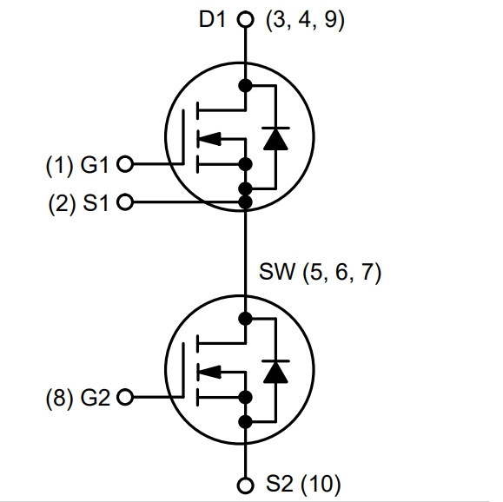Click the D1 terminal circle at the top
(x=245, y=19)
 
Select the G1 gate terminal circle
(x=125, y=164)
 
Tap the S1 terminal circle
(x=125, y=202)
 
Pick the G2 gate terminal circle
(x=125, y=397)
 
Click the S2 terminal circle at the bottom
(x=245, y=485)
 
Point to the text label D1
(x=212, y=20)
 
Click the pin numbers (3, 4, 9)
(x=305, y=21)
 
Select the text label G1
(x=95, y=165)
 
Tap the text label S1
(x=96, y=203)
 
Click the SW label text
(x=276, y=272)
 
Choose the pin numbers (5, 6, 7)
(x=342, y=273)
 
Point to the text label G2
(x=96, y=398)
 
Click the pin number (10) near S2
(x=321, y=484)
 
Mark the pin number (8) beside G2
(x=60, y=399)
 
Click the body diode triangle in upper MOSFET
(x=275, y=140)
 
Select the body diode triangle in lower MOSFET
(x=275, y=373)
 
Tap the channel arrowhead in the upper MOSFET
(x=209, y=139)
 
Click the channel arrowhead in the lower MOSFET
(x=209, y=372)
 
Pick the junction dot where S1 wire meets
(x=245, y=202)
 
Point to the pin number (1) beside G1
(x=60, y=166)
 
